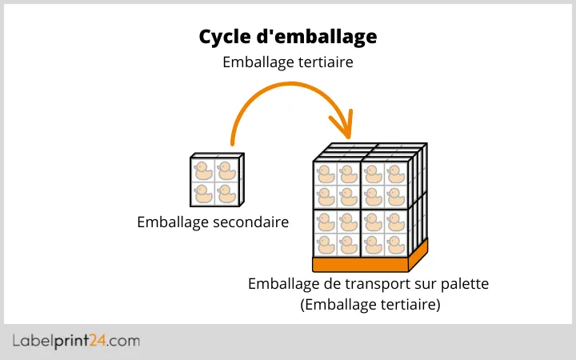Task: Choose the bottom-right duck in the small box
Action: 226,194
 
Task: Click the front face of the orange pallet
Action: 360,265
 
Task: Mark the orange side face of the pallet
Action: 418,253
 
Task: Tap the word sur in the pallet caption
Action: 419,284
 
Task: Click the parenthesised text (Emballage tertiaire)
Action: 370,305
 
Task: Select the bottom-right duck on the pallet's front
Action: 396,243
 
